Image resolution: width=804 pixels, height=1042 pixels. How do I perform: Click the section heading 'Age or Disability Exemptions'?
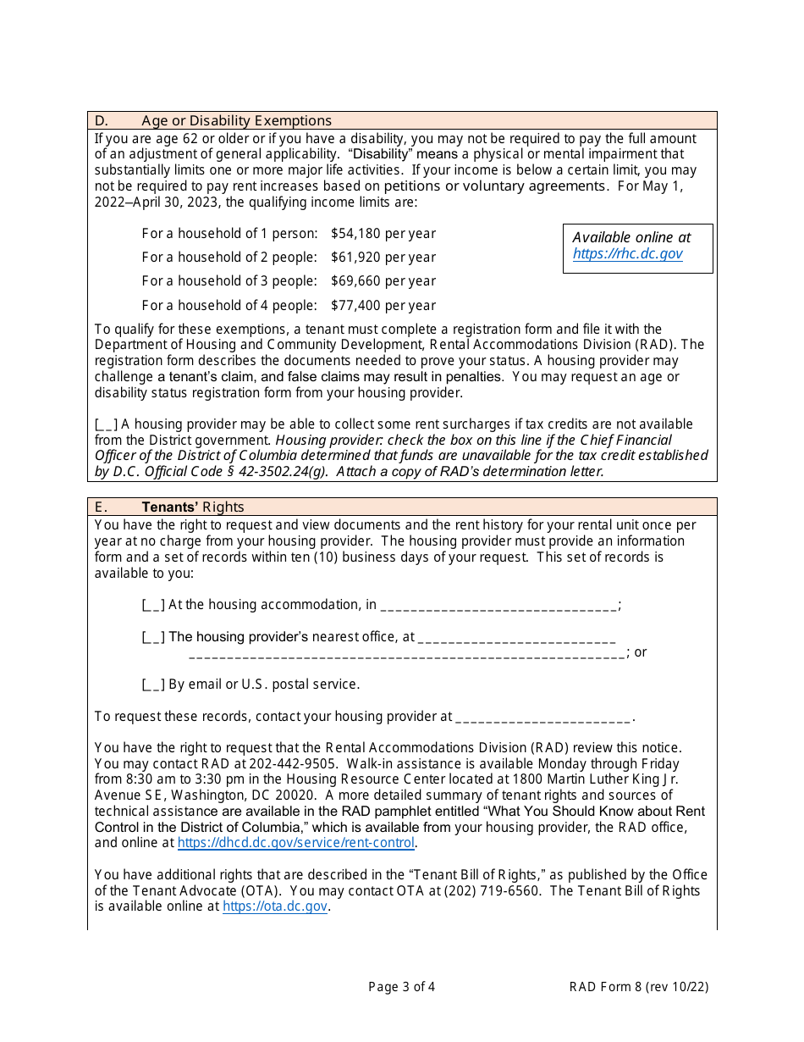(x=236, y=120)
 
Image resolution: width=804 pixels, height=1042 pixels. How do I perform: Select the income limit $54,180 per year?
(x=383, y=233)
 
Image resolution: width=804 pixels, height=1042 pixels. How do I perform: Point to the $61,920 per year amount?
(x=383, y=257)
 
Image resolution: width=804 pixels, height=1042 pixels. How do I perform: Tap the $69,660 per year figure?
(x=383, y=280)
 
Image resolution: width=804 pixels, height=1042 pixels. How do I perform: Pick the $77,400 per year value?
(x=383, y=305)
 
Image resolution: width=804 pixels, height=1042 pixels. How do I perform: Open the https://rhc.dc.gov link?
(x=627, y=253)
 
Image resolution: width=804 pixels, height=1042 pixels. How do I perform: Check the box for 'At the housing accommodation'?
(x=153, y=605)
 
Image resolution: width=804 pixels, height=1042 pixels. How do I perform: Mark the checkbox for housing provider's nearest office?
(x=153, y=637)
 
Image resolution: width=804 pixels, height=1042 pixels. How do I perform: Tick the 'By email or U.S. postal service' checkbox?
(x=153, y=685)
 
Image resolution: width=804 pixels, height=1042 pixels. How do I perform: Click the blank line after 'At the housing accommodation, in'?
(x=498, y=605)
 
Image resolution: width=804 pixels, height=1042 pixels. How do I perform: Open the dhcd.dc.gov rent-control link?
(x=295, y=843)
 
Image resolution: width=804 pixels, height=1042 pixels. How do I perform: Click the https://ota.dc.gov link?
(x=274, y=906)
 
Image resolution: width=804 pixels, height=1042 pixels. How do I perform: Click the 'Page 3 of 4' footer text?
(x=402, y=986)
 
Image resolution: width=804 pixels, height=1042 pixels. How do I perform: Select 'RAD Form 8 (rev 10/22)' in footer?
(x=638, y=986)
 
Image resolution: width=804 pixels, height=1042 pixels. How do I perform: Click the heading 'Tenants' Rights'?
(x=192, y=507)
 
